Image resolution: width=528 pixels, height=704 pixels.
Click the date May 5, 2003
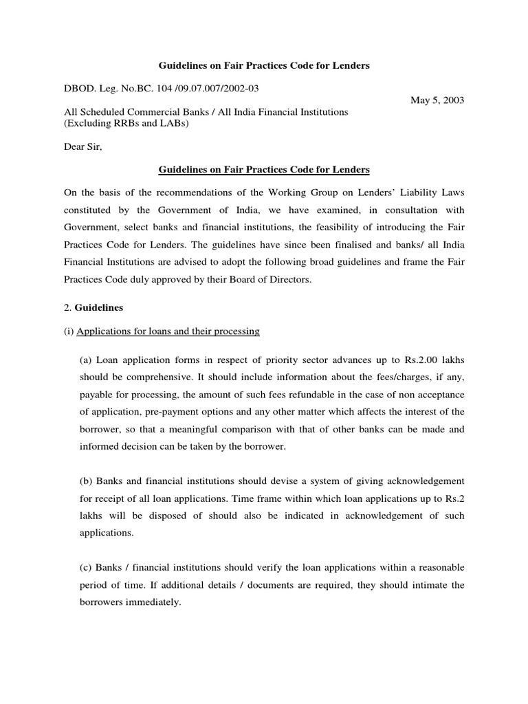click(x=437, y=100)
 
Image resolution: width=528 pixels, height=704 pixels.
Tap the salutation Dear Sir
click(x=82, y=146)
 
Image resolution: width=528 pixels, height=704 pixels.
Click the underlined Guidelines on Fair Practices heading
click(x=264, y=169)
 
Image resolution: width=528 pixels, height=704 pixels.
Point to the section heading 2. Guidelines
click(x=93, y=307)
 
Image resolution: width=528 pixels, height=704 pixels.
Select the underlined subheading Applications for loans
click(x=168, y=331)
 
